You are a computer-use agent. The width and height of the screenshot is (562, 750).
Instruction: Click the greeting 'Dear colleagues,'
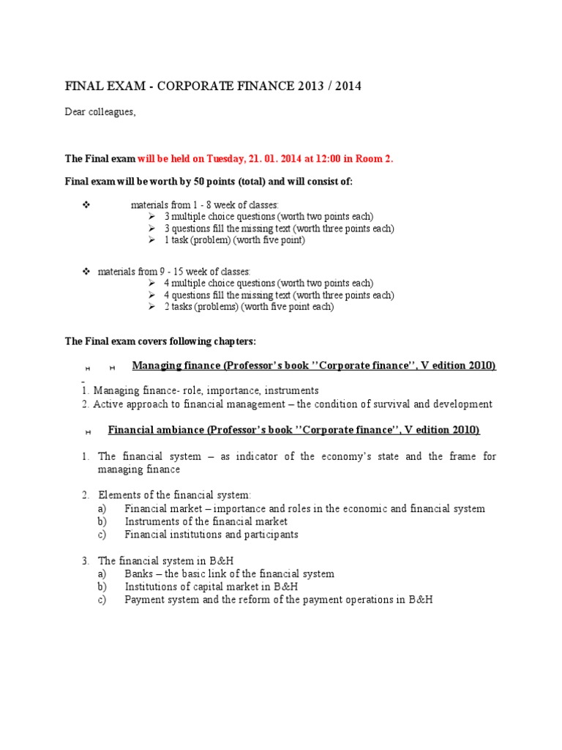tap(100, 112)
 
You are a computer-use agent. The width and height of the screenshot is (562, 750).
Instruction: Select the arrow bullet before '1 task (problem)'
tap(151, 240)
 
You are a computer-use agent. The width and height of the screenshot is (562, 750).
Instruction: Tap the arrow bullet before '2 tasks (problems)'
tap(151, 306)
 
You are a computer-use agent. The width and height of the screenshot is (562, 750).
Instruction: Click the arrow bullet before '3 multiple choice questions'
tap(151, 216)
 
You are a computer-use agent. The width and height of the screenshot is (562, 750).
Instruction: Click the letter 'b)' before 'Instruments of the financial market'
tap(102, 521)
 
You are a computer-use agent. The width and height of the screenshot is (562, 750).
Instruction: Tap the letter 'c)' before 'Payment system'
tap(102, 599)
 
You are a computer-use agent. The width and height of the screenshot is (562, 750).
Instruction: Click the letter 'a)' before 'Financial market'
tap(102, 508)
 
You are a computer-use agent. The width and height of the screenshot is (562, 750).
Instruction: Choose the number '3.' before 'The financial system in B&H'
tap(86, 560)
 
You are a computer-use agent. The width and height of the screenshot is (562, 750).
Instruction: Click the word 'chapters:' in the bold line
tap(233, 341)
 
